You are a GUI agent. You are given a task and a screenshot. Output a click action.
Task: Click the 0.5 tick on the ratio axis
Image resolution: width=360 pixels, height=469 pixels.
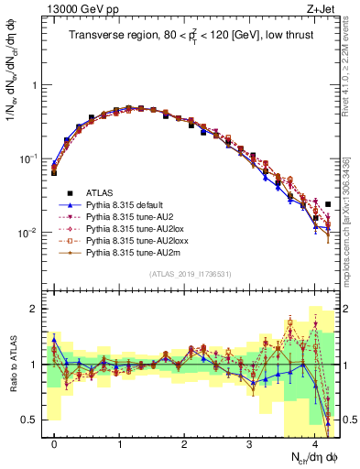pos(32,420)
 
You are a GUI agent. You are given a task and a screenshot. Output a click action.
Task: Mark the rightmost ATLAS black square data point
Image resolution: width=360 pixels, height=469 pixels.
pos(328,204)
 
